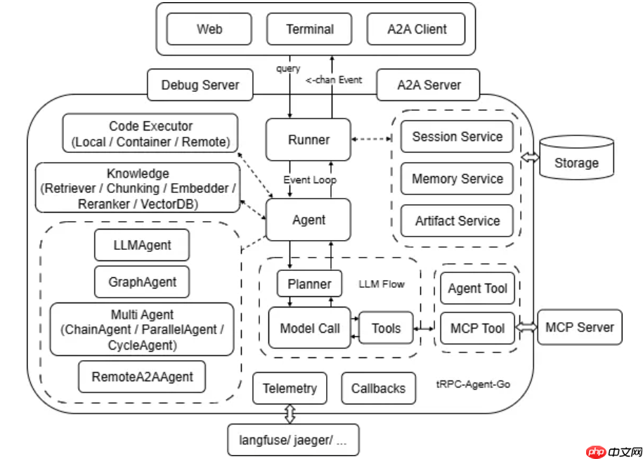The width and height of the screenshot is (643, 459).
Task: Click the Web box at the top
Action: point(209,29)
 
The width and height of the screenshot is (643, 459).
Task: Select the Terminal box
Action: point(310,29)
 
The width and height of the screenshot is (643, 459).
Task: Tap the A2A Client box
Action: point(417,29)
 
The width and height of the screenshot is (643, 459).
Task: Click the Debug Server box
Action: point(200,85)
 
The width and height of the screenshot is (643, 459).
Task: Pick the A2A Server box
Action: point(429,85)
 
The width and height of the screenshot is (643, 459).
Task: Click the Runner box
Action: point(308,140)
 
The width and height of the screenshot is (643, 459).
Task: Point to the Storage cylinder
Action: point(576,158)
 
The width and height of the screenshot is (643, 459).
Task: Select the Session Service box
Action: point(457,137)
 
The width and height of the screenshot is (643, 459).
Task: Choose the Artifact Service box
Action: point(457,221)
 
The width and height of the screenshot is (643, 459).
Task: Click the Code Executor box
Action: point(150,134)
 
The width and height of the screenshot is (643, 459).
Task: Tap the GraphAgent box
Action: point(142,282)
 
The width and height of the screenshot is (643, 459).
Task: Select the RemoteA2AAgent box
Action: point(142,377)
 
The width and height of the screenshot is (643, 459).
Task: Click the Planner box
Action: point(309,284)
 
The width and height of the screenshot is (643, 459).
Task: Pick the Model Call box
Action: point(309,328)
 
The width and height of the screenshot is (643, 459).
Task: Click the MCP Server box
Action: point(580,327)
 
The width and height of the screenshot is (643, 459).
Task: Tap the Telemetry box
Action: point(290,388)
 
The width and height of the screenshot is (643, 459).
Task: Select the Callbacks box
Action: point(378,388)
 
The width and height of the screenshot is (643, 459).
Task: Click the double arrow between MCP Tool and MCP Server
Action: point(527,327)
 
